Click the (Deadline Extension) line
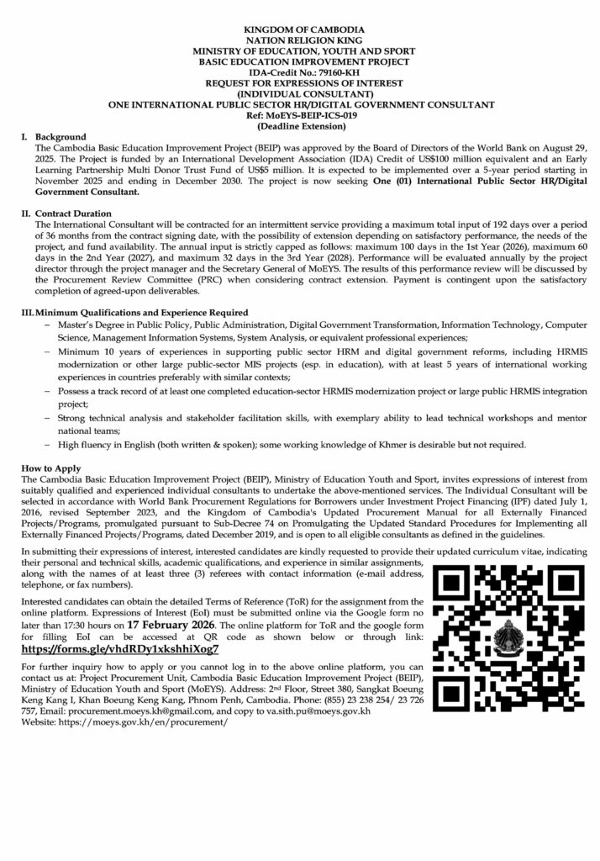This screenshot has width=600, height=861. click(299, 127)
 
